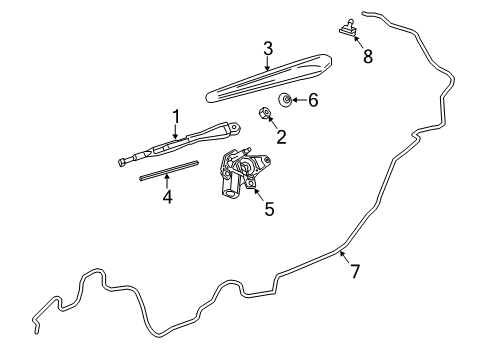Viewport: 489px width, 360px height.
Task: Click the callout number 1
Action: (176, 117)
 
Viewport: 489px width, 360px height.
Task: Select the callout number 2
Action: (281, 137)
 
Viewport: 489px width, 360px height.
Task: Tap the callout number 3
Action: (268, 48)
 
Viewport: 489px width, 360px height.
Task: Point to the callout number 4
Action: (167, 196)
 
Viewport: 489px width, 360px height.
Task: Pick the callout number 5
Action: (269, 209)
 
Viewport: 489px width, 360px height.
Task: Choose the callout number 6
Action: (313, 100)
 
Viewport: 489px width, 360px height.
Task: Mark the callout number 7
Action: (355, 271)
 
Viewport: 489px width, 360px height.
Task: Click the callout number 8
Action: (368, 56)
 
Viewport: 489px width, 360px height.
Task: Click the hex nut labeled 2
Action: (264, 112)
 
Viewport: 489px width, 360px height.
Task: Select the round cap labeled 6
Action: (285, 100)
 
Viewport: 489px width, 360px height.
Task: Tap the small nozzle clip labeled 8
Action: (348, 27)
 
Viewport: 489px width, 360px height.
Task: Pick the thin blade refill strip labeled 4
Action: (169, 170)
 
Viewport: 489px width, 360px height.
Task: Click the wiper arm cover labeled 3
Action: (269, 78)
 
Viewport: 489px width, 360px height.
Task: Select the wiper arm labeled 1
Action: (180, 143)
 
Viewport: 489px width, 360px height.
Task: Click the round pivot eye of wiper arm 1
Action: (236, 127)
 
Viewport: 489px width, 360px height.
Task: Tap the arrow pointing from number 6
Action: (300, 100)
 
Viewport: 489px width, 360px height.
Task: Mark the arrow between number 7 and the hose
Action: (344, 257)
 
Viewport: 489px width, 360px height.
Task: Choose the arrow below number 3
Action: (267, 63)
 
